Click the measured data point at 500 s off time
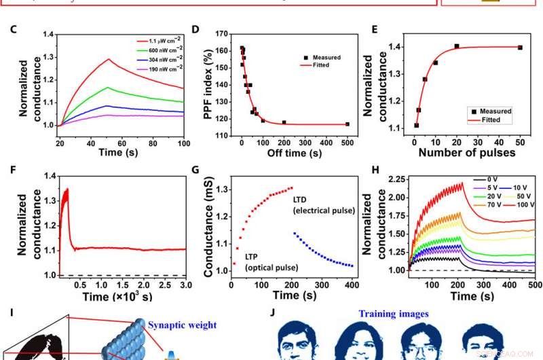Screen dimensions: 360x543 click(347, 124)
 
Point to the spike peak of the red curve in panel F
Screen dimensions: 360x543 click(67, 190)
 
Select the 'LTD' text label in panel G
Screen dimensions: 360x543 click(301, 200)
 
